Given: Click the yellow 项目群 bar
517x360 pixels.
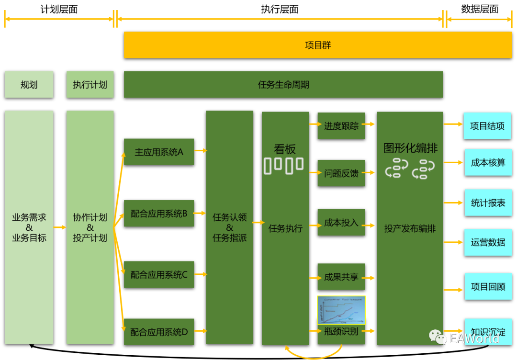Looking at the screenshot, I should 318,45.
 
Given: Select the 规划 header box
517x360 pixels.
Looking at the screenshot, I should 29,85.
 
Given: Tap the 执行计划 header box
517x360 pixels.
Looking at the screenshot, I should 90,85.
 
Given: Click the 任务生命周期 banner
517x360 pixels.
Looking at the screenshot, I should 283,85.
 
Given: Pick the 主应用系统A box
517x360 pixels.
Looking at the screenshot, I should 159,152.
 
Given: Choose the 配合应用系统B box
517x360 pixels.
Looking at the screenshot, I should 159,214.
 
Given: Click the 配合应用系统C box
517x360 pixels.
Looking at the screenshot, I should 159,274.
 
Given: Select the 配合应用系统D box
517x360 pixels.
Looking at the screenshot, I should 159,331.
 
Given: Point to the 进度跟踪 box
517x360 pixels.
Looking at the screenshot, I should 341,126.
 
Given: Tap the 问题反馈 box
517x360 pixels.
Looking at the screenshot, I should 341,173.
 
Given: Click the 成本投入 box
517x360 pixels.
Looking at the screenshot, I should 341,222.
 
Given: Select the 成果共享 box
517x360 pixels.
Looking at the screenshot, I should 341,277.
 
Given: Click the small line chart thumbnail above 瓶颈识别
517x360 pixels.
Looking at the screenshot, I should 341,309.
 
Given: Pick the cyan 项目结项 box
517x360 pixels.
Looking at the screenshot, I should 487,126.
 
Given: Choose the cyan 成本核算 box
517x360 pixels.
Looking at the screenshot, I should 488,162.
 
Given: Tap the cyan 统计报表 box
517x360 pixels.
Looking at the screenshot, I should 488,202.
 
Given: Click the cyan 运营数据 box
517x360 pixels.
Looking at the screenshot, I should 488,242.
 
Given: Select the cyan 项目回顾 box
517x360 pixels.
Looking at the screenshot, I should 488,286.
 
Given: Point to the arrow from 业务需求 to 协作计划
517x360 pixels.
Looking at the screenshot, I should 60,227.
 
